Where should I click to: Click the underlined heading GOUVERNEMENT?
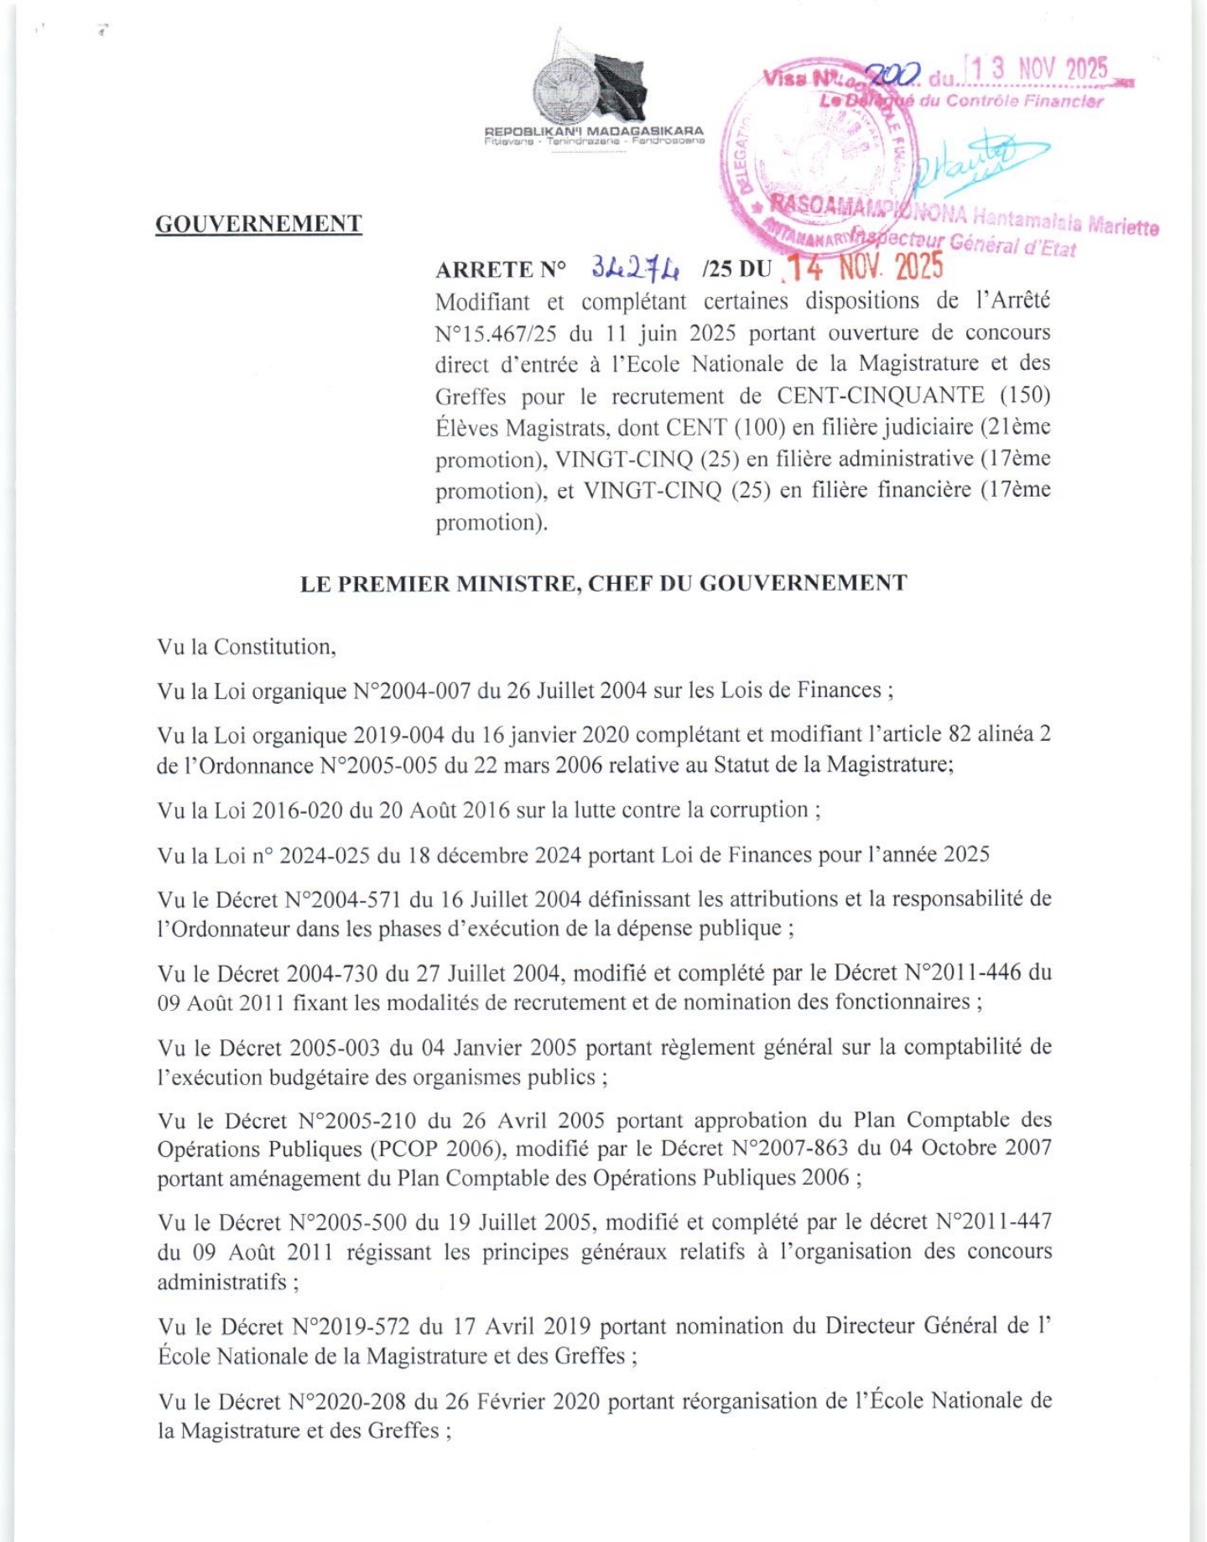coord(258,224)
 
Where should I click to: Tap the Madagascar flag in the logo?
coord(619,85)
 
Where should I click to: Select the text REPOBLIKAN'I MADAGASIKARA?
coord(594,131)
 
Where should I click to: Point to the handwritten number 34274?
coord(635,268)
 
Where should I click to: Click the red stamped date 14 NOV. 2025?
coord(864,267)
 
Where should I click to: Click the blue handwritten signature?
coord(973,159)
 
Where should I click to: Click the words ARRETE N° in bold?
coord(501,269)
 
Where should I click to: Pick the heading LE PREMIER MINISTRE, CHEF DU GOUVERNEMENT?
coord(603,583)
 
